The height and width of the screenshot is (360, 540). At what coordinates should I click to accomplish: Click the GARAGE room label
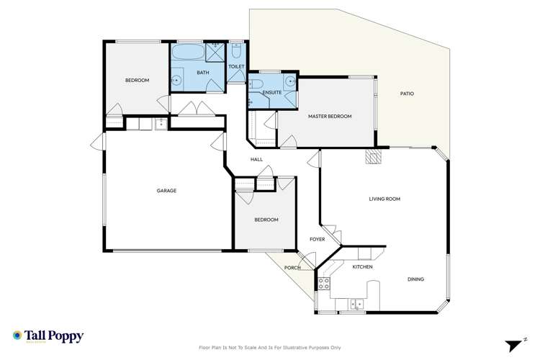(166, 191)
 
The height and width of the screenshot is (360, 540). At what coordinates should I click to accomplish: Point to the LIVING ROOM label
(384, 199)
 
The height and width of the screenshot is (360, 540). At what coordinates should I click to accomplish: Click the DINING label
(415, 279)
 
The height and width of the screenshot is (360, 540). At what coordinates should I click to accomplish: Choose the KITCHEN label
(362, 267)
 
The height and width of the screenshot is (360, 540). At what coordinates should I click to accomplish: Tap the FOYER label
(318, 239)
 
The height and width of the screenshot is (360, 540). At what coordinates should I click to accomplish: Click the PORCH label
(292, 269)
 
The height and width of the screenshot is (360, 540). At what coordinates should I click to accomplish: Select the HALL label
(256, 159)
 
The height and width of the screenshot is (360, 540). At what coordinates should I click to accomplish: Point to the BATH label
(203, 73)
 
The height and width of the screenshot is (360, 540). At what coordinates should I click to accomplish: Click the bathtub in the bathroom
(187, 53)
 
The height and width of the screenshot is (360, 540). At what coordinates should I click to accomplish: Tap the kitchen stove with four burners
(324, 283)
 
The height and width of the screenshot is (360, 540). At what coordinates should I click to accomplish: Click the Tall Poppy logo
(48, 336)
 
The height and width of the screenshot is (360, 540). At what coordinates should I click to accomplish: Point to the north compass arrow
(512, 343)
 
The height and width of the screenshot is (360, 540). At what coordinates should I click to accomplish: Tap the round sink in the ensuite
(289, 81)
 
